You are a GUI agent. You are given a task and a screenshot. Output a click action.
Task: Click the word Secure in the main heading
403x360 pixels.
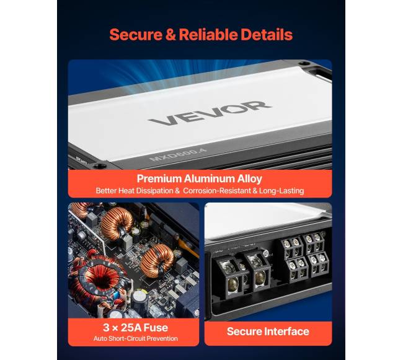(x=136, y=35)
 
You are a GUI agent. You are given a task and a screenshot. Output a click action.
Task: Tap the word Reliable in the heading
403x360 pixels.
(x=208, y=35)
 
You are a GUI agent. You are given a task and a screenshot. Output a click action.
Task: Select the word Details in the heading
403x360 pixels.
(x=267, y=35)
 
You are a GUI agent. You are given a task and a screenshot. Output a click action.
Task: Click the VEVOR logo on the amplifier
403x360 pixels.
(x=210, y=113)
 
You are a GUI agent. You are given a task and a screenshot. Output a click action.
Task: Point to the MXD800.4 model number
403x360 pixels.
(x=178, y=155)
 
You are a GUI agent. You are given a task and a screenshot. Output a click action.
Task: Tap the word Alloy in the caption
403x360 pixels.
(x=250, y=179)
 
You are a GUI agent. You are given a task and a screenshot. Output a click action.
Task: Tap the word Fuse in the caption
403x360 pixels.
(x=156, y=328)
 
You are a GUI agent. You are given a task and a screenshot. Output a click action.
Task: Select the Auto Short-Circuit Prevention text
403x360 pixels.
(x=135, y=338)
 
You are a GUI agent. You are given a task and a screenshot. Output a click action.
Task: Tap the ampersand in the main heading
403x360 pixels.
(x=170, y=35)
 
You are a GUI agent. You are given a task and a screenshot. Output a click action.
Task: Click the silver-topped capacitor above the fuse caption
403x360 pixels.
(x=139, y=299)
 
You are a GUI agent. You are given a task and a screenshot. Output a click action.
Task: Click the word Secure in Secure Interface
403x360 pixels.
(x=244, y=331)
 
